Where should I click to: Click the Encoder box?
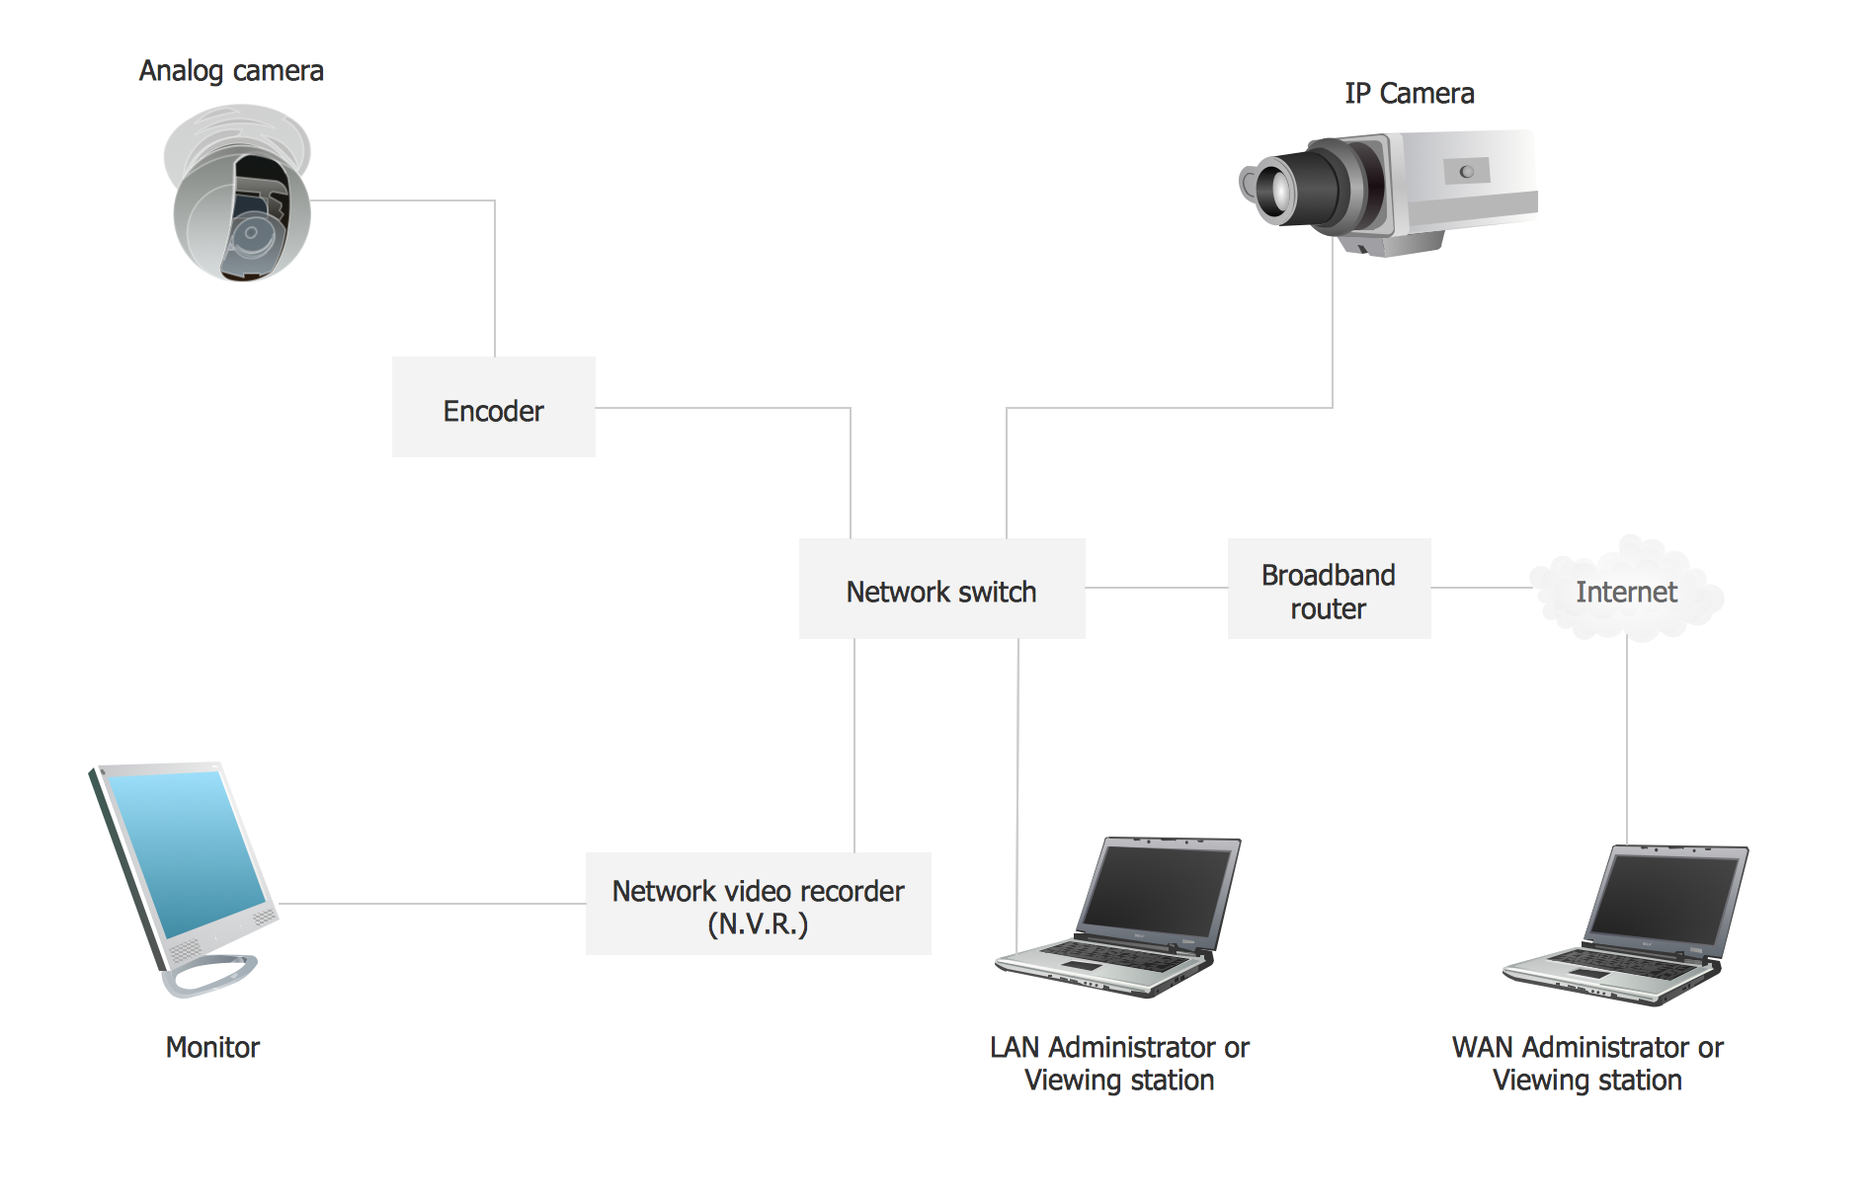[x=494, y=407]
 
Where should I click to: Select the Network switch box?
[x=941, y=589]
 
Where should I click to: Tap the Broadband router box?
[x=1329, y=589]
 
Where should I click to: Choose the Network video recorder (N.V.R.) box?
[x=758, y=904]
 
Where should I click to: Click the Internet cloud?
[x=1626, y=591]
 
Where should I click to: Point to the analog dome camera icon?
[x=239, y=198]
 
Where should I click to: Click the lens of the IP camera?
[x=1274, y=188]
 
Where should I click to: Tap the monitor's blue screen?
[x=183, y=849]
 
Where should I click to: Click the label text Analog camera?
[x=231, y=71]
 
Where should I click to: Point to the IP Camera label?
[x=1409, y=94]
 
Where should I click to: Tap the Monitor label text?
[x=212, y=1047]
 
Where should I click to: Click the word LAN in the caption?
[x=1015, y=1047]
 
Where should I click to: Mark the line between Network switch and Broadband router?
[x=1156, y=588]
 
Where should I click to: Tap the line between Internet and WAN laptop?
[x=1627, y=741]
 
